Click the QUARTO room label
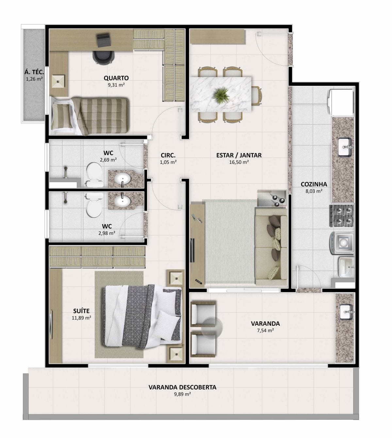116,78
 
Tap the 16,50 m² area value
239,162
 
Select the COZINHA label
314,184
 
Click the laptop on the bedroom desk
104,40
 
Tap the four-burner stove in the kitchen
341,215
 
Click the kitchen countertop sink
345,147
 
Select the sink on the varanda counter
347,312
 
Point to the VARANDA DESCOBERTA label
182,387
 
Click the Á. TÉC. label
34,72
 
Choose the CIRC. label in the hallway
168,155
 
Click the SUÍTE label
81,311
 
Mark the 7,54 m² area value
265,331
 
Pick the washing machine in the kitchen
342,242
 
